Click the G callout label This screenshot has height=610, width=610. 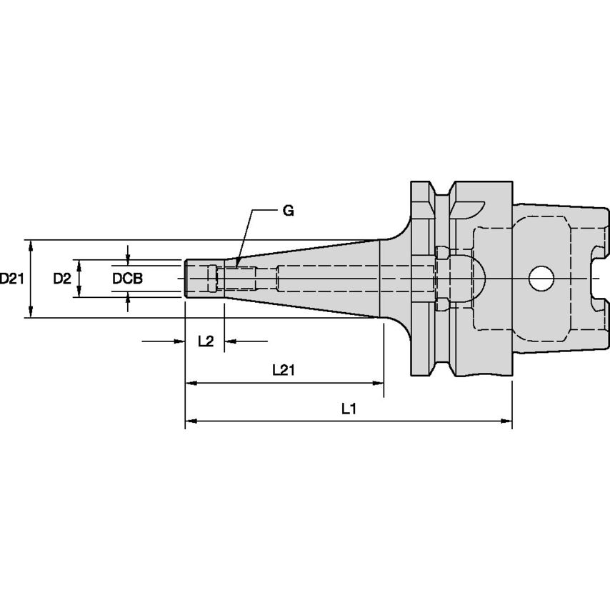[x=287, y=211]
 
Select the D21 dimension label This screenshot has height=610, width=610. [x=13, y=279]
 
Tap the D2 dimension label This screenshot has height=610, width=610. [x=62, y=279]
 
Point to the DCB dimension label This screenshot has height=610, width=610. [x=127, y=279]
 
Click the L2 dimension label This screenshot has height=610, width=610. [x=205, y=341]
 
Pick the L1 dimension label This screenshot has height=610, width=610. [x=349, y=409]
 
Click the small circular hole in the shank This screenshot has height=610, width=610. [x=541, y=279]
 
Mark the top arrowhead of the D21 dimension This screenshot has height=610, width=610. [x=31, y=245]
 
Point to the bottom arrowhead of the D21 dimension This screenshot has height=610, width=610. [x=31, y=312]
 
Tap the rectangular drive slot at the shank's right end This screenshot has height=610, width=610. [x=599, y=278]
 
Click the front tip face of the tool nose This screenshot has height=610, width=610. [x=186, y=279]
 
